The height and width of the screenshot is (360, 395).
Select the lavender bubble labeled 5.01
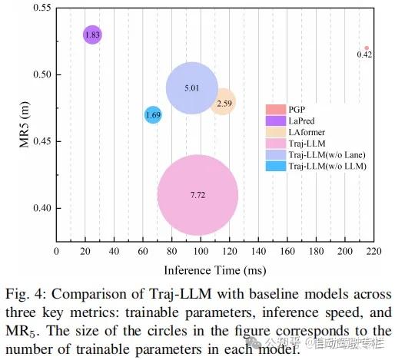click(192, 88)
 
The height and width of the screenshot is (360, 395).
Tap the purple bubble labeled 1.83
click(92, 35)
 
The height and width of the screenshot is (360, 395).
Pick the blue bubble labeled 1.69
click(153, 114)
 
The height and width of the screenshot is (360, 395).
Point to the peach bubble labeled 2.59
click(223, 101)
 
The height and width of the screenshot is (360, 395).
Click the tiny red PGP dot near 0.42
click(367, 48)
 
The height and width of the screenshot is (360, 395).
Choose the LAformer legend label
click(309, 131)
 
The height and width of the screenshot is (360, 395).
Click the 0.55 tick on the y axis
click(36, 8)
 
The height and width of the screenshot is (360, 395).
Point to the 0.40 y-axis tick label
click(36, 208)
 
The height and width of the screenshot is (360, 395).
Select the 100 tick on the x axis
click(201, 251)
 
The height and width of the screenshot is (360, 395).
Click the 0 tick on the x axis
click(56, 251)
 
